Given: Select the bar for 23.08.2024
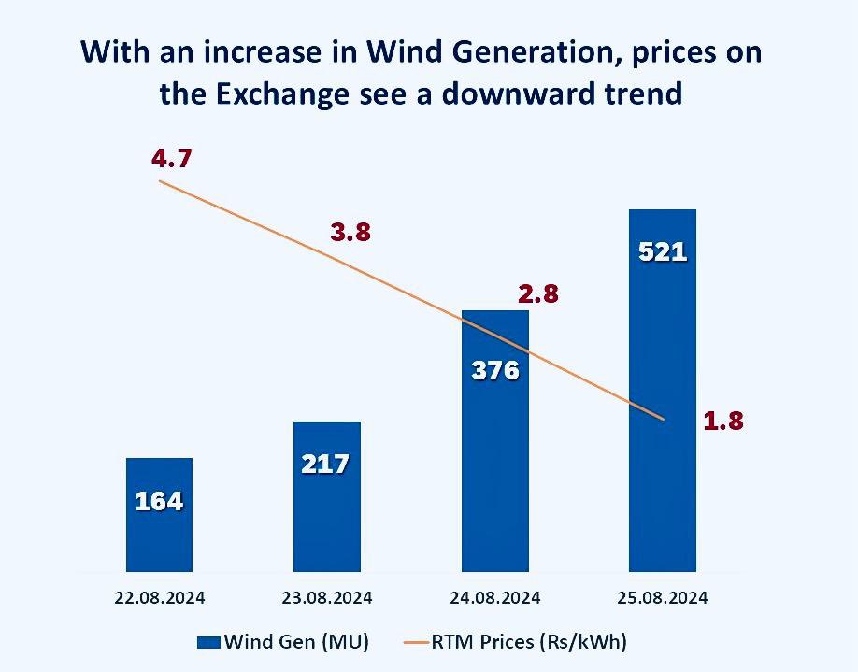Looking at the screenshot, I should (x=326, y=514).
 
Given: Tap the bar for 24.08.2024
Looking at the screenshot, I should (x=494, y=467).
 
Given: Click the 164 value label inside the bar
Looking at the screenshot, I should (x=159, y=501).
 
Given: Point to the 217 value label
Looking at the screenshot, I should (x=326, y=464).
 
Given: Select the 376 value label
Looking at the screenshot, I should (x=494, y=370).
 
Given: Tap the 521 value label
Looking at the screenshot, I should (x=662, y=251).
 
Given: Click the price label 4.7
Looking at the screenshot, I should (x=171, y=158).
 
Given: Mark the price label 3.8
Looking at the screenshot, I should (x=350, y=234).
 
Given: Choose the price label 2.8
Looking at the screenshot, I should (x=537, y=294).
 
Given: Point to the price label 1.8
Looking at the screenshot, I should (x=722, y=422).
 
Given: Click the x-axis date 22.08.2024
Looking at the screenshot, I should (x=159, y=597).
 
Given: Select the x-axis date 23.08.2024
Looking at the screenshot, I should (x=326, y=597).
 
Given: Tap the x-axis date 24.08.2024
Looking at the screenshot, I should (x=494, y=597).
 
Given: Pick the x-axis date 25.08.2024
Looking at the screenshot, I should (x=662, y=597).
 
